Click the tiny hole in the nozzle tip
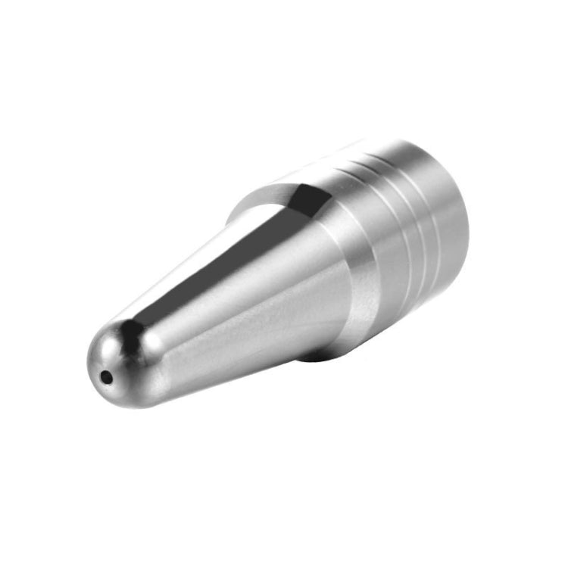click(107, 375)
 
